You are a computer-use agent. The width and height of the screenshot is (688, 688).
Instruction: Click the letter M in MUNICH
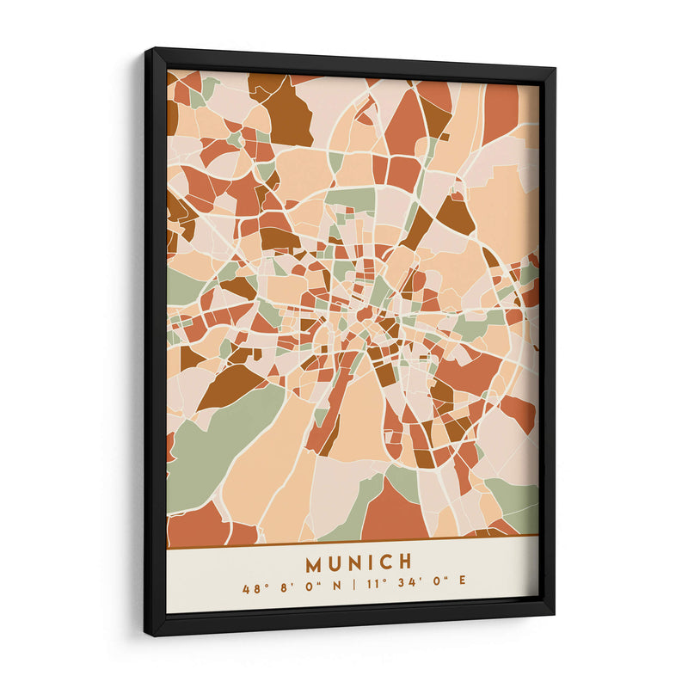[x=313, y=563]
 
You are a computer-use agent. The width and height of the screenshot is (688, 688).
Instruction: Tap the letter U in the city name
[x=336, y=563]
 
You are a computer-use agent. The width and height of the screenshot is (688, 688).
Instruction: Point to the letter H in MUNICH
[x=405, y=563]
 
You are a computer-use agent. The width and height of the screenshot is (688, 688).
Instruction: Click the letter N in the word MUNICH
[x=355, y=563]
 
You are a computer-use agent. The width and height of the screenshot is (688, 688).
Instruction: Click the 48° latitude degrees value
[x=250, y=590]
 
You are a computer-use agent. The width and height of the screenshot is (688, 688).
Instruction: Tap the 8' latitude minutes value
[x=282, y=590]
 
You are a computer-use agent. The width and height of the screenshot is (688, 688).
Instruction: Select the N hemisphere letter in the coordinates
[x=336, y=590]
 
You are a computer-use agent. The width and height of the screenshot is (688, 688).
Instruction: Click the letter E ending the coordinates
[x=462, y=590]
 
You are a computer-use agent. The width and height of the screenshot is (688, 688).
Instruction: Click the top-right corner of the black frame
[x=555, y=69]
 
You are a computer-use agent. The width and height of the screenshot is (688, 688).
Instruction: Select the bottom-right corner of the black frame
[x=553, y=614]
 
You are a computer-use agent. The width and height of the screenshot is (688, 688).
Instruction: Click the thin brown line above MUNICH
[x=353, y=545]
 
